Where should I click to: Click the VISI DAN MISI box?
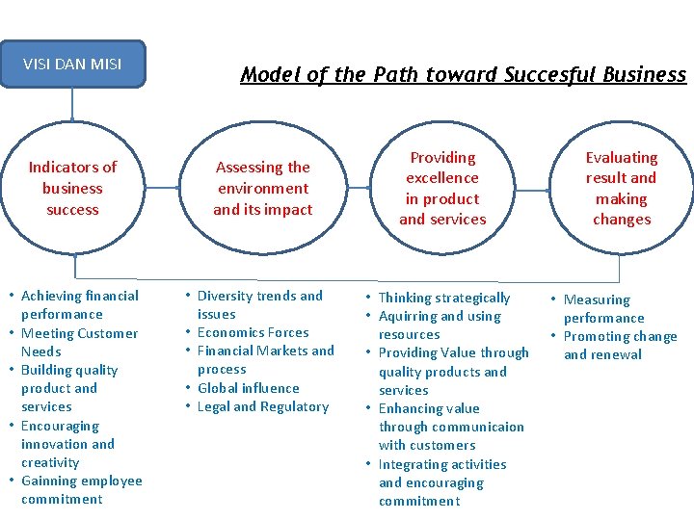[x=72, y=65]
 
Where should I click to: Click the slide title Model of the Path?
[x=463, y=75]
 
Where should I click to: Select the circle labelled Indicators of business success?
[x=72, y=189]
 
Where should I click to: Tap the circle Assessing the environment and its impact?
[x=263, y=189]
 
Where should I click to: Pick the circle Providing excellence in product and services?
[x=442, y=189]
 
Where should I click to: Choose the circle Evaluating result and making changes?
[x=622, y=189]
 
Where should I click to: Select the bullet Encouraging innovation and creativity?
[x=67, y=444]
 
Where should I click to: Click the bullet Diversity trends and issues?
[x=259, y=304]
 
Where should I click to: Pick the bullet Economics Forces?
[x=253, y=332]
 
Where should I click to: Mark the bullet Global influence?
[x=248, y=388]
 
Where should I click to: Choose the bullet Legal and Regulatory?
[x=262, y=406]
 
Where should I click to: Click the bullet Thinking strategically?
[x=443, y=298]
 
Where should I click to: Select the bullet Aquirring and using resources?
[x=439, y=325]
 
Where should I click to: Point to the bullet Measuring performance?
[x=603, y=308]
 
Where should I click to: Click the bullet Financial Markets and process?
[x=265, y=360]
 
